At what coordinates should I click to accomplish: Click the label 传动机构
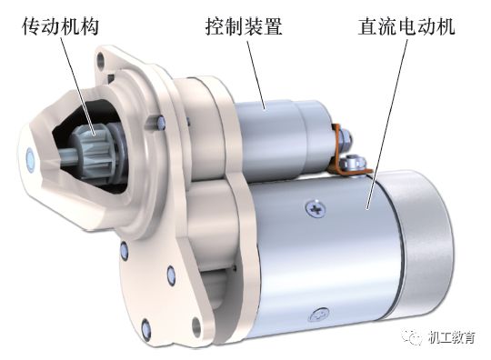click(x=58, y=25)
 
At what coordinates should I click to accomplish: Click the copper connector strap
click(x=343, y=149)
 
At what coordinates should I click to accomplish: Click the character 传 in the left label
click(x=26, y=25)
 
